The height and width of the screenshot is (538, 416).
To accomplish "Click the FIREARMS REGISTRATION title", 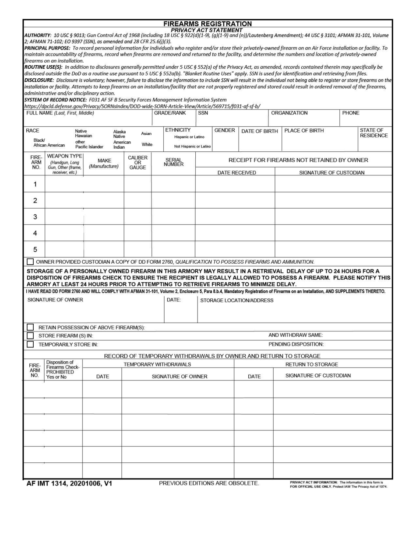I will coord(207,24).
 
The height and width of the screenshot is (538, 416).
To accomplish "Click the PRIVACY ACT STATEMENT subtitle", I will coord(207,30).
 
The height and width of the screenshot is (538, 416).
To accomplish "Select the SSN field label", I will coord(203,113).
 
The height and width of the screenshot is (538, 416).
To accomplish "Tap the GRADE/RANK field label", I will coord(169,113).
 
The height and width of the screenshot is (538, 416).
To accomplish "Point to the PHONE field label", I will coord(351,113).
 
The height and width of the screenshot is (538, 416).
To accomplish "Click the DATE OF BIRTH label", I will coord(259,131).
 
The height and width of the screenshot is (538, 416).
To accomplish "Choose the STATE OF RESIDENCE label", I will coord(374,133).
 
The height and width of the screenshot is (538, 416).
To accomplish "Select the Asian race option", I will coord(146,133).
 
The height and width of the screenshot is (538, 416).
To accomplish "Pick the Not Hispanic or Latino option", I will coord(192,146).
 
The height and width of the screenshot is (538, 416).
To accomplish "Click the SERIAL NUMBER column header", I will coord(173,162).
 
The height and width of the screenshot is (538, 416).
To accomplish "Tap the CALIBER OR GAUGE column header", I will coord(137,162).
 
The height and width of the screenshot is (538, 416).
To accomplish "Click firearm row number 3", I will coord(35,217).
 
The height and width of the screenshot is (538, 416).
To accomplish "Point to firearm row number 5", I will coord(35,250).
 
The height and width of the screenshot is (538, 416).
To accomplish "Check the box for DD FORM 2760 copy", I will coord(30,262).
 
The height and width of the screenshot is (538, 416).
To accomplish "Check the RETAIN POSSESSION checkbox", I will coord(30,327).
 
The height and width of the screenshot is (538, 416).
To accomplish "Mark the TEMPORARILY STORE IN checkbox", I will coord(30,344).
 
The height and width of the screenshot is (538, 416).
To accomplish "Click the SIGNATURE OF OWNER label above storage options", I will coord(55,300).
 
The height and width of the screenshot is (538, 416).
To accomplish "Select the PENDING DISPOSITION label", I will coord(296,344).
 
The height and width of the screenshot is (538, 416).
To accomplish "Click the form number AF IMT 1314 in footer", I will coord(69,484).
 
